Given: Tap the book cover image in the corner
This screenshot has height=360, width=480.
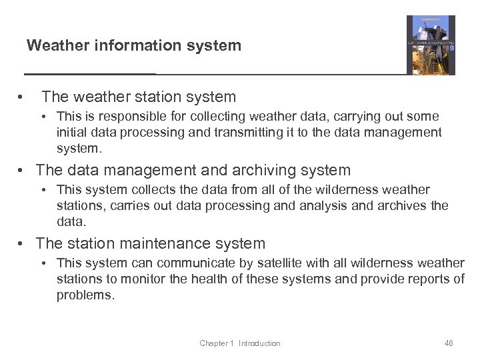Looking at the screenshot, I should click(431, 45).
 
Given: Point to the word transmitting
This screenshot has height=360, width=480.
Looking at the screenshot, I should click(245, 132).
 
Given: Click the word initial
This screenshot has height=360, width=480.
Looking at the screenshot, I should click(73, 132).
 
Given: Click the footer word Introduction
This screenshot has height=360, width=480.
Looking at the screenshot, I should click(259, 343).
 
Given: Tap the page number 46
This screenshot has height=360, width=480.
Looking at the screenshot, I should click(448, 343).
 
